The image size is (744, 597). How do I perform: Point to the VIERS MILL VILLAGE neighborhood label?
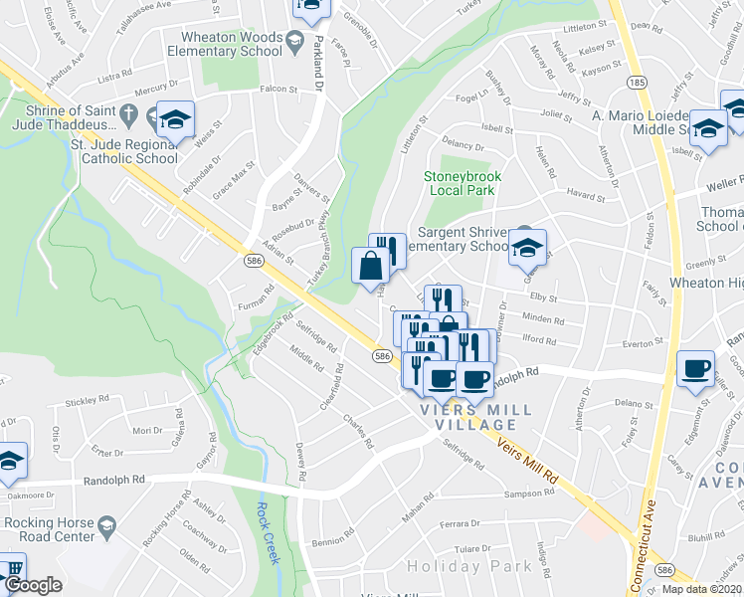coord(475,417)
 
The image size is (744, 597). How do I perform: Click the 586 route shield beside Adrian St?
coord(254,260)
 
